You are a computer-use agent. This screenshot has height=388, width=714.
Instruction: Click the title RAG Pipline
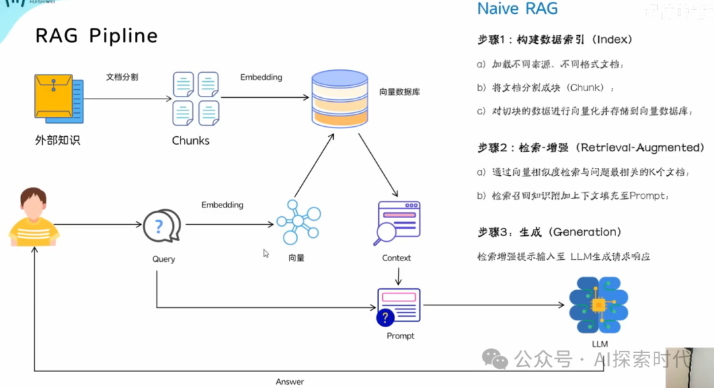pos(97,36)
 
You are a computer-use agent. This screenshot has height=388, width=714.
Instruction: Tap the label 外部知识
pos(58,140)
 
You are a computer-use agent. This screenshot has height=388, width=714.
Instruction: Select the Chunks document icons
pos(196,98)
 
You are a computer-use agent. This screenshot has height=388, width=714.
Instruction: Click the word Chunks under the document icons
pos(190,140)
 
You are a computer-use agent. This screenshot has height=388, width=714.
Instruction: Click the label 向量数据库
pos(399,93)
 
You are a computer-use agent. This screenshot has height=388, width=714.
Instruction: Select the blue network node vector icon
pos(297,222)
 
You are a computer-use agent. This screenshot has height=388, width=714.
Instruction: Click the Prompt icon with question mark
pos(398,307)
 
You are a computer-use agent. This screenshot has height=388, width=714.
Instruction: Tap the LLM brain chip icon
pos(599,305)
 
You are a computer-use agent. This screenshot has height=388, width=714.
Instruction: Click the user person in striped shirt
pos(33,218)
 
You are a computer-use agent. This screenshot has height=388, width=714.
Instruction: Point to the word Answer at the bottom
pos(290,381)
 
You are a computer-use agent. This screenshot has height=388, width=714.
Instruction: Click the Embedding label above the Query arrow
pos(222,205)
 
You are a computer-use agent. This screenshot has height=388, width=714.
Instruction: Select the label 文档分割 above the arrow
pos(122,77)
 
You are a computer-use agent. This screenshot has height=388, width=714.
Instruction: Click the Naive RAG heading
pos(518,9)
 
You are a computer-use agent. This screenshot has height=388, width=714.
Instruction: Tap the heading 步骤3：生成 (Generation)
pos(549,233)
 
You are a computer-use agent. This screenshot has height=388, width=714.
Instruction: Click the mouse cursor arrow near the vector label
pos(266,253)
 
